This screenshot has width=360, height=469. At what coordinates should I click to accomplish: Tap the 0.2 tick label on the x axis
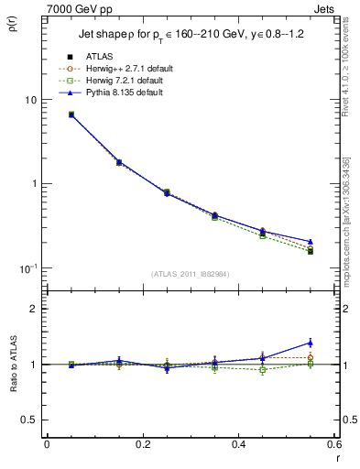pyautogui.click(x=142, y=445)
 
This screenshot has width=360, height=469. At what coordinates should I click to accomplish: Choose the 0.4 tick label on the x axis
pyautogui.click(x=238, y=445)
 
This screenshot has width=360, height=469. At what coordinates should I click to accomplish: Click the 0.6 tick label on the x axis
pyautogui.click(x=333, y=445)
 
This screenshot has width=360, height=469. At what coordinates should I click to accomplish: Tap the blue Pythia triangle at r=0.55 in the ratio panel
pyautogui.click(x=310, y=343)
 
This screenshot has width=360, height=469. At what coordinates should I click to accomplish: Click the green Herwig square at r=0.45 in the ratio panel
pyautogui.click(x=262, y=370)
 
